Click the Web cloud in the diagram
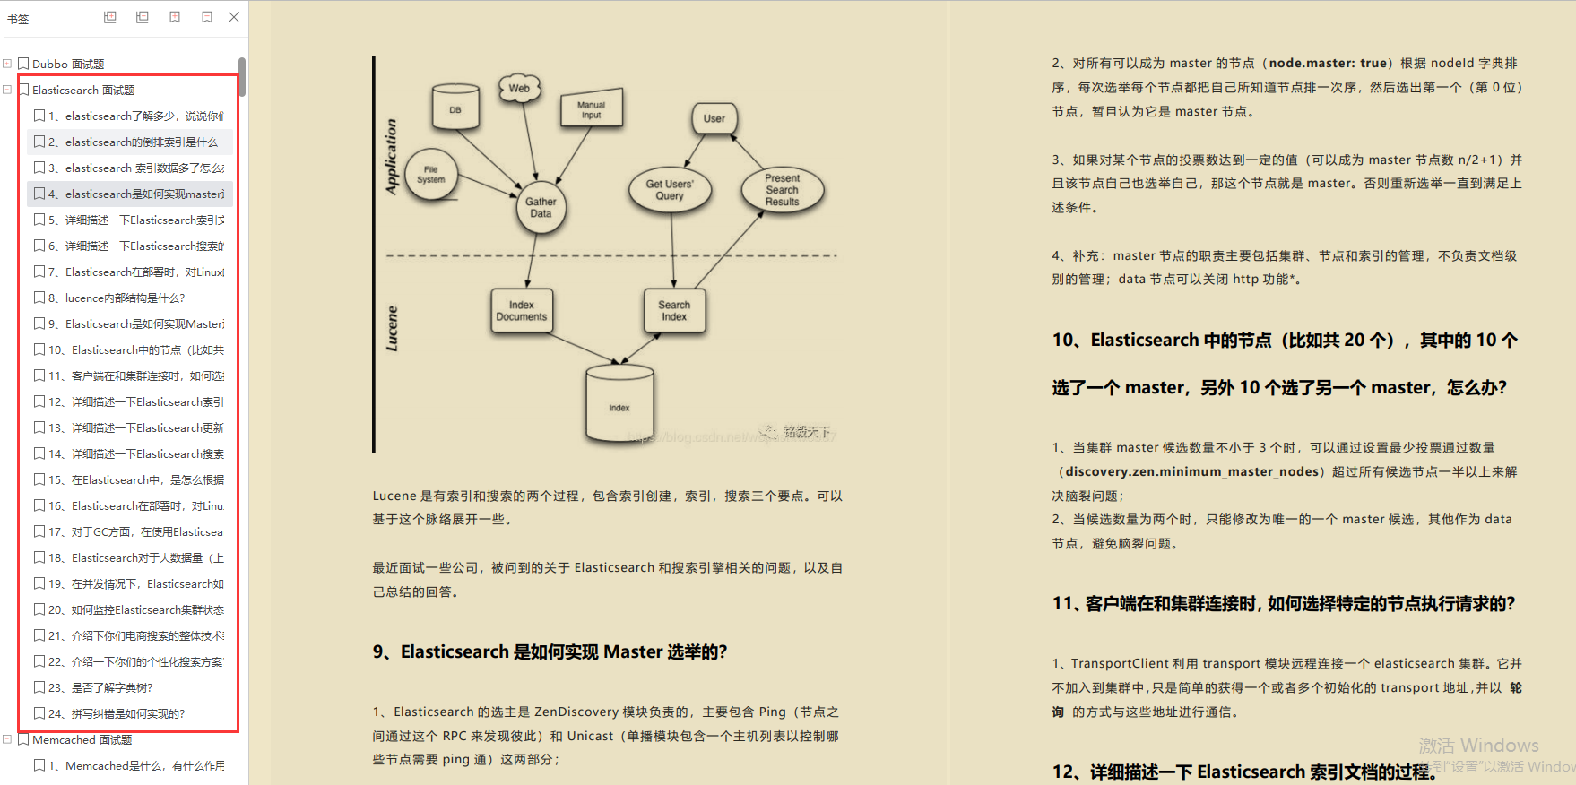click(x=519, y=88)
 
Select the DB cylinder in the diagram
click(x=455, y=108)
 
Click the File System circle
click(x=431, y=174)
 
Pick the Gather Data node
click(x=541, y=207)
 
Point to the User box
click(x=714, y=118)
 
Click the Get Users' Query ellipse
click(x=670, y=190)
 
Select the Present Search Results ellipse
click(x=782, y=190)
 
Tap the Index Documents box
click(x=522, y=311)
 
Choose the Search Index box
click(x=674, y=311)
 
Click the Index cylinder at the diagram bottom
click(x=619, y=405)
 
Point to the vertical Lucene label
click(x=392, y=328)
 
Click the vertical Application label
click(x=391, y=156)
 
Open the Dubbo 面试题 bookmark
click(x=68, y=64)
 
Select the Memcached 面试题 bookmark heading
click(x=82, y=739)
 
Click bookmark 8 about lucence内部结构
click(x=125, y=298)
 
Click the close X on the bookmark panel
click(x=234, y=17)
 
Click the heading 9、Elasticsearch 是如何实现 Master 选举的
click(x=550, y=651)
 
